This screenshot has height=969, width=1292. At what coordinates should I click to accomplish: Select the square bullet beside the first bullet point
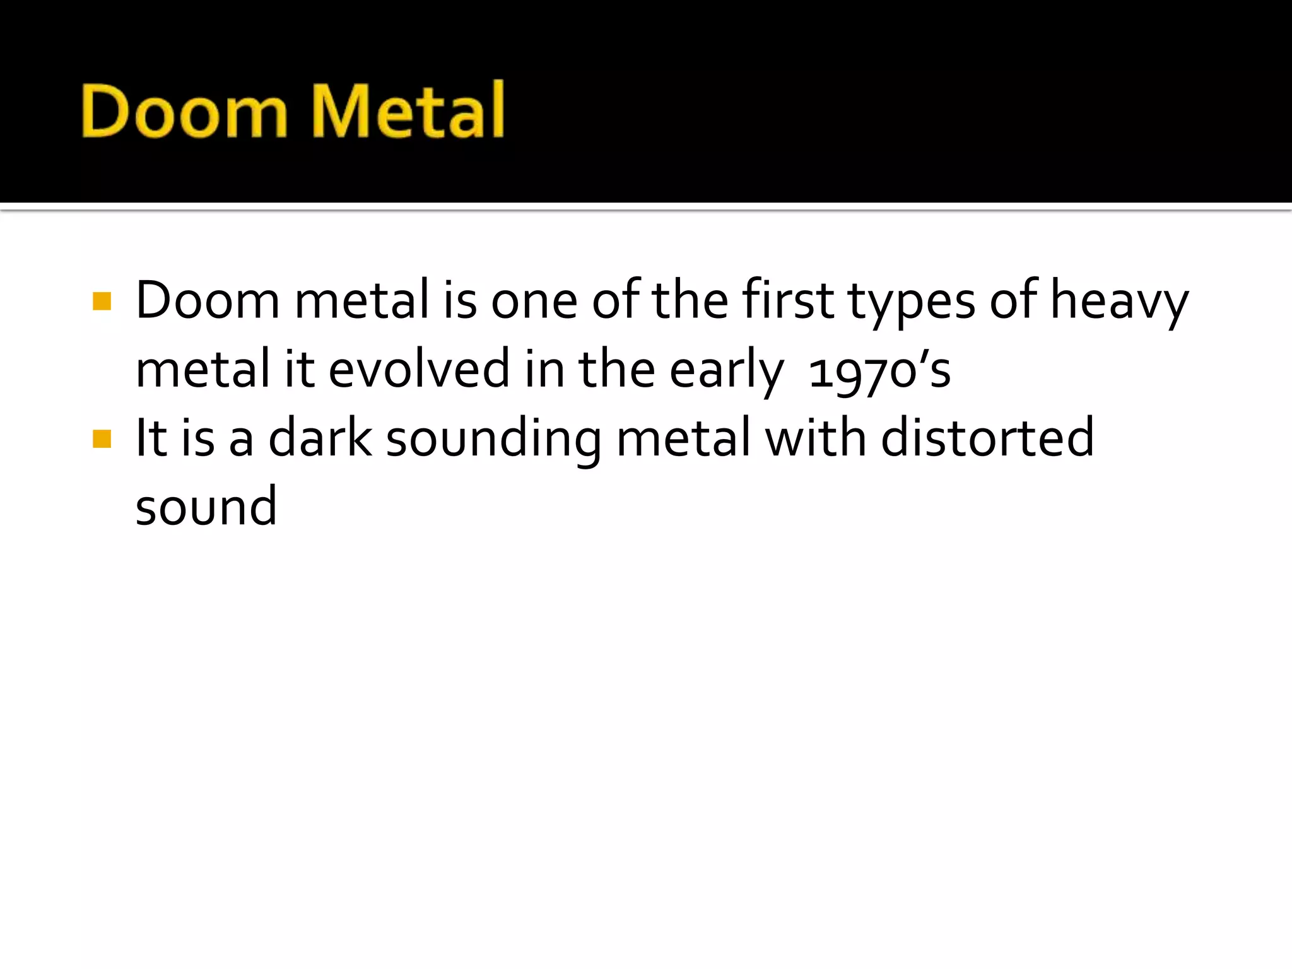pyautogui.click(x=102, y=301)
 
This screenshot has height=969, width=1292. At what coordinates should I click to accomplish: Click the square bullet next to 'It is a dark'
pyautogui.click(x=102, y=438)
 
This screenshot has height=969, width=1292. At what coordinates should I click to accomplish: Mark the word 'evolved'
pyautogui.click(x=419, y=369)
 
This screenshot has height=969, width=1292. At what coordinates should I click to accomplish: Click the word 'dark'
pyautogui.click(x=320, y=438)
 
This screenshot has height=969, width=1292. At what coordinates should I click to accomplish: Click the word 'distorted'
pyautogui.click(x=987, y=438)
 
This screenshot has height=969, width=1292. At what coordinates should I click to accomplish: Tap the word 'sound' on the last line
pyautogui.click(x=206, y=507)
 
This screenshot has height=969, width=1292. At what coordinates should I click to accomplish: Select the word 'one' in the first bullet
pyautogui.click(x=534, y=302)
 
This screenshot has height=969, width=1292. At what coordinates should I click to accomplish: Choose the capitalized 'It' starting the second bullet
pyautogui.click(x=151, y=438)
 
